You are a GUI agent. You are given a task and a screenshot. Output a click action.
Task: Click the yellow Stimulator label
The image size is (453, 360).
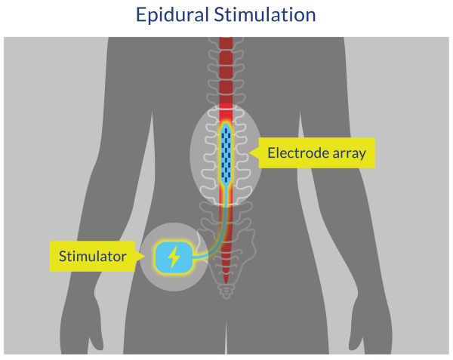[94, 257]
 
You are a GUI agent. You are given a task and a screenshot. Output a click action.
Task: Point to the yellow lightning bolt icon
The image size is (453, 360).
[174, 257]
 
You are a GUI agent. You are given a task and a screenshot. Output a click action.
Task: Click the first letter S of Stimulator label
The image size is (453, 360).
[64, 257]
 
